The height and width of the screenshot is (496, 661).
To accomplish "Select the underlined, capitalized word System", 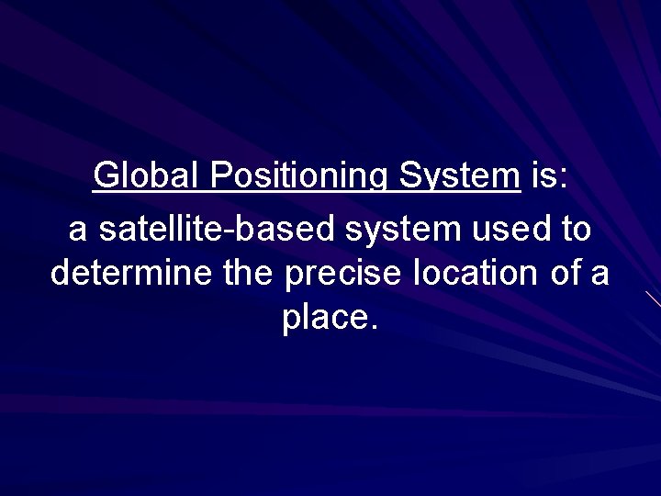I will pos(459,175).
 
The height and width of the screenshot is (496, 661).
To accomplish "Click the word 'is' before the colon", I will pos(543,175).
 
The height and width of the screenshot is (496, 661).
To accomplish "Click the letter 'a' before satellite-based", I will pos(78,230).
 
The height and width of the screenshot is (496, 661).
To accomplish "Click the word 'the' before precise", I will pos(249,273).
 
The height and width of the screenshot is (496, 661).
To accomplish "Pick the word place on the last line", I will pos(324,319).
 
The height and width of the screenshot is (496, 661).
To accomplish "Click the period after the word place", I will pos(373,328).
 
